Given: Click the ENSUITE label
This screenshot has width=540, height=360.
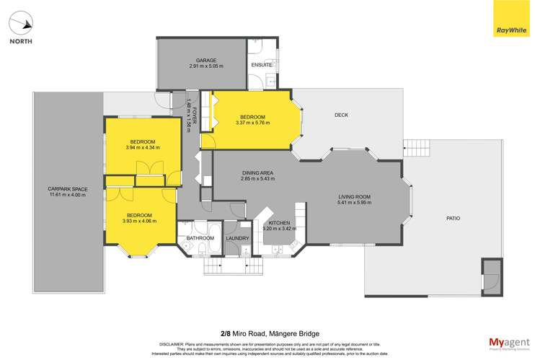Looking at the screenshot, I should pyautogui.click(x=261, y=64).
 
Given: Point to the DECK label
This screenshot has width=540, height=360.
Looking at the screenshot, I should pyautogui.click(x=341, y=115).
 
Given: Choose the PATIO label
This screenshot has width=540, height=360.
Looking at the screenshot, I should pyautogui.click(x=453, y=218).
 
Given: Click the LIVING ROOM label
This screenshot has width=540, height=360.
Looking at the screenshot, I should pyautogui.click(x=354, y=197).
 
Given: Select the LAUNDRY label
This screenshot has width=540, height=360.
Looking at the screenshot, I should pyautogui.click(x=237, y=238).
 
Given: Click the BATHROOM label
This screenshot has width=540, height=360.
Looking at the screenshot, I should pyautogui.click(x=200, y=238).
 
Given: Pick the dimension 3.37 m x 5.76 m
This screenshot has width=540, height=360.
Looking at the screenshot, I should pyautogui.click(x=252, y=123).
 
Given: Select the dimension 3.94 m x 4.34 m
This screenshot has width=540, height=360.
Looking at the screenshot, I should pyautogui.click(x=142, y=147).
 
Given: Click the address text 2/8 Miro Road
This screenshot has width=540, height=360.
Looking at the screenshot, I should pyautogui.click(x=247, y=313).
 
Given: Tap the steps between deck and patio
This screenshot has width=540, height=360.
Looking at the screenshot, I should pyautogui.click(x=416, y=148).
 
